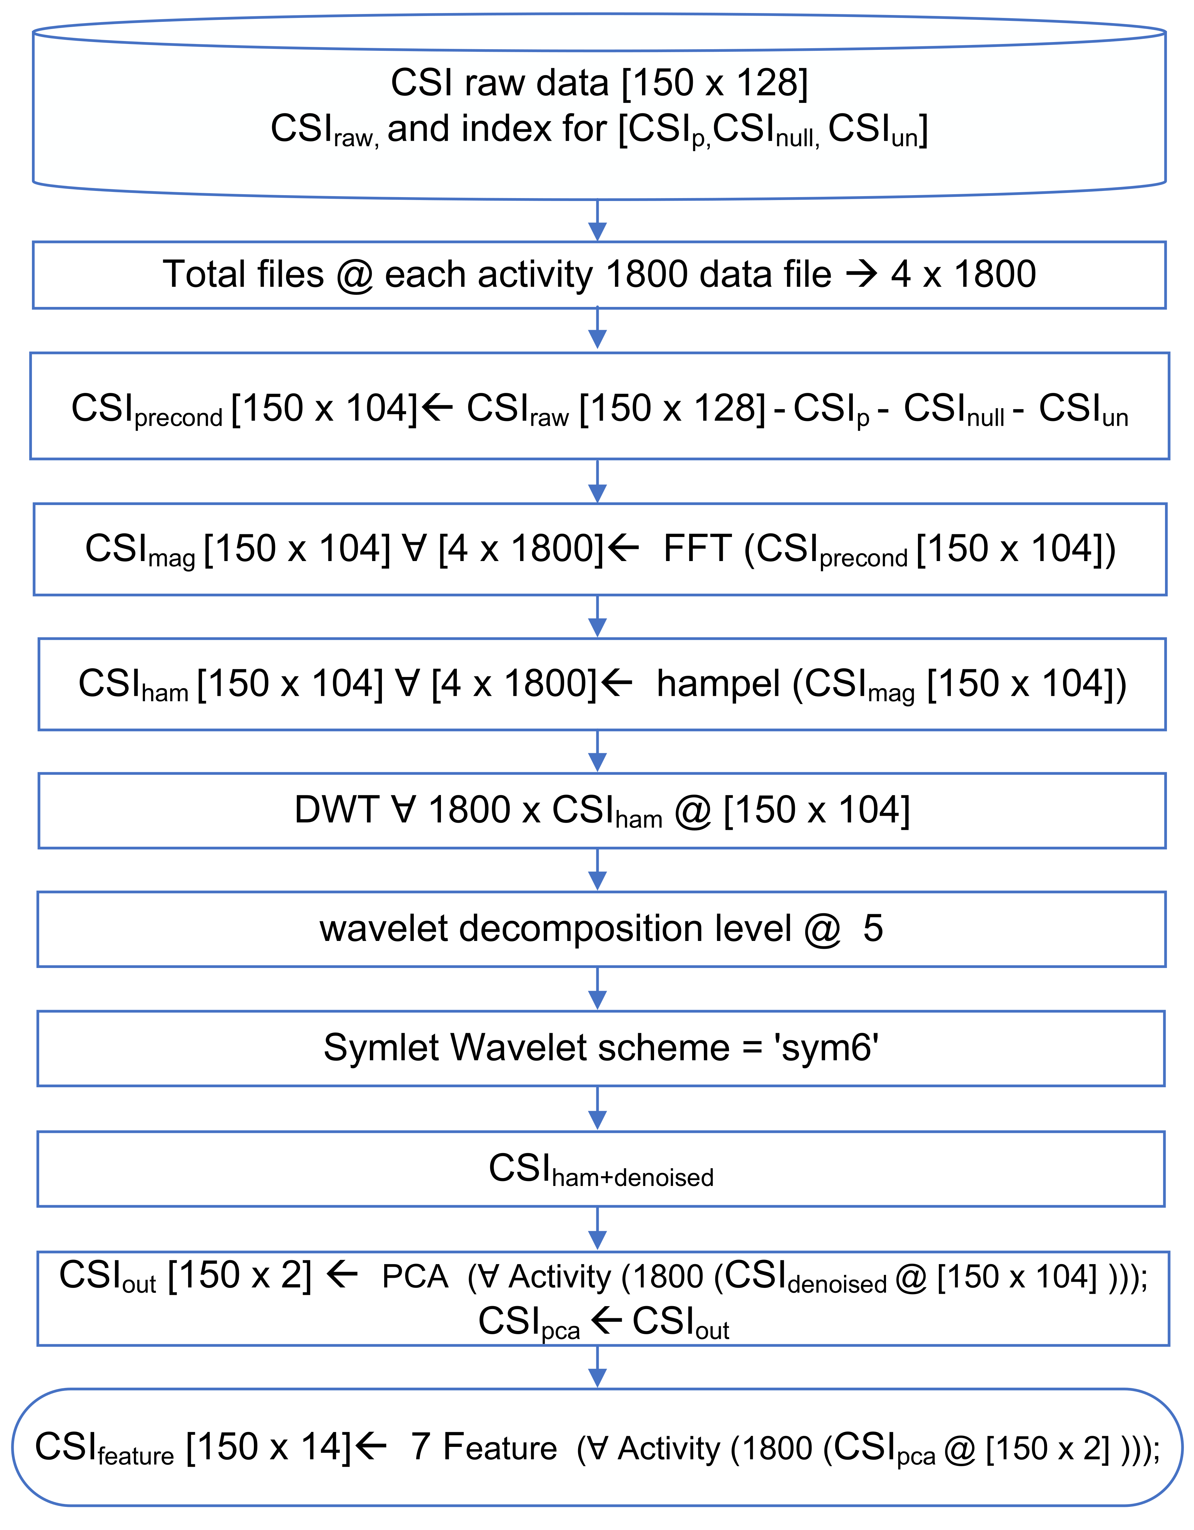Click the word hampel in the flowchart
pos(718,684)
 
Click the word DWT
pos(336,810)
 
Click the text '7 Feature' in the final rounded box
pos(484,1447)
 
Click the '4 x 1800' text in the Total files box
pos(964,274)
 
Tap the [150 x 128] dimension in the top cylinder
pos(715,83)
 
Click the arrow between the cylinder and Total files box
pos(597,221)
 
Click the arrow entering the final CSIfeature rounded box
pos(597,1366)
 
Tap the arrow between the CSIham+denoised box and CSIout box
pos(597,1228)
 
